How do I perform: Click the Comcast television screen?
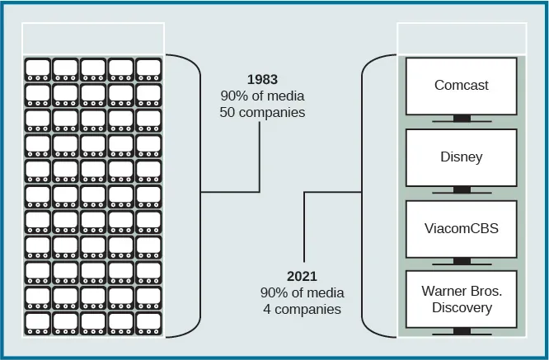461,86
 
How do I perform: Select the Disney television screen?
461,157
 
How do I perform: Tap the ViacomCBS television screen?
461,228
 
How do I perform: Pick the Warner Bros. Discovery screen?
461,299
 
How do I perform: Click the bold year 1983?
262,80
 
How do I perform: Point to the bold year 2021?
303,277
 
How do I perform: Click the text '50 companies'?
262,112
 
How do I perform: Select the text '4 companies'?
303,310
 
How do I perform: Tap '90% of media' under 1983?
262,96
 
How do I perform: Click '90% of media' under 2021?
303,293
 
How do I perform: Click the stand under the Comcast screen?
461,119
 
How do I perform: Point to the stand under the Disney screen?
461,190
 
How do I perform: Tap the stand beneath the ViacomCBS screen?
461,262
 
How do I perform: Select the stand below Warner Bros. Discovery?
461,332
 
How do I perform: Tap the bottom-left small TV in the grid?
38,323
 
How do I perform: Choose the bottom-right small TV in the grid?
149,323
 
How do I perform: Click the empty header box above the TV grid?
93,38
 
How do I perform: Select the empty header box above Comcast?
461,38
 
